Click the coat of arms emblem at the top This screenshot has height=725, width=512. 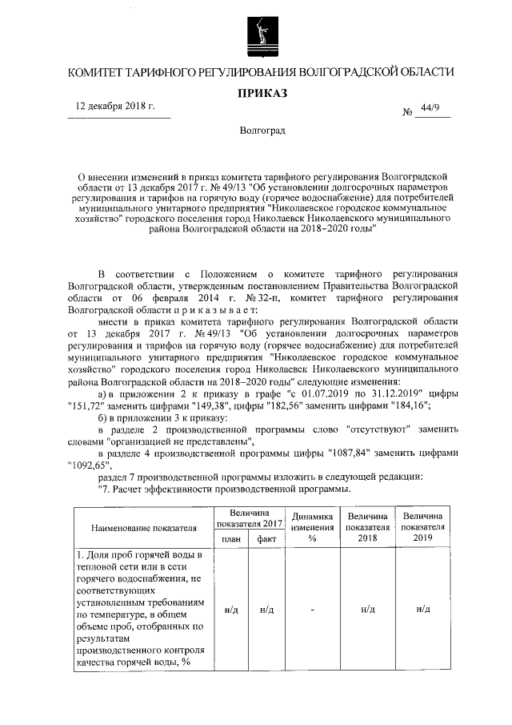click(x=256, y=37)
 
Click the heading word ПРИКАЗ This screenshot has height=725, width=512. click(x=256, y=93)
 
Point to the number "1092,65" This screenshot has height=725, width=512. click(x=86, y=464)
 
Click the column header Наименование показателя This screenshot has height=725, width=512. click(x=144, y=528)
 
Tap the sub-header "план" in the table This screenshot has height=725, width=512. click(x=230, y=539)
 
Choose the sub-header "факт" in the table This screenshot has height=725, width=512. click(x=266, y=539)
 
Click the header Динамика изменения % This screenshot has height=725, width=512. click(x=313, y=527)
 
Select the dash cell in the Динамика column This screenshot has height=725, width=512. click(x=313, y=610)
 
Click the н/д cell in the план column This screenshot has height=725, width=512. click(x=230, y=610)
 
